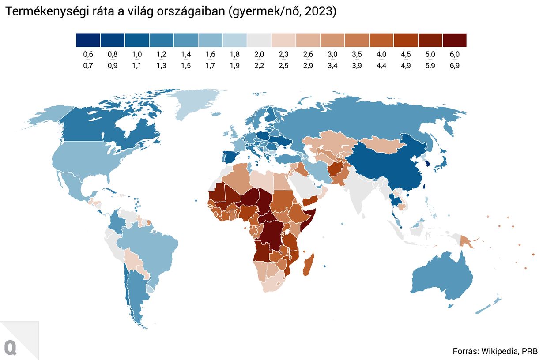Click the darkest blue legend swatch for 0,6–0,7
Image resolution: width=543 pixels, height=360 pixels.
(x=88, y=40)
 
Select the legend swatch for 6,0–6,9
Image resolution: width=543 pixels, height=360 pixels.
(x=454, y=40)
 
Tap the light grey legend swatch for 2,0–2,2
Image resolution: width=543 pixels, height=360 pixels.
(x=259, y=40)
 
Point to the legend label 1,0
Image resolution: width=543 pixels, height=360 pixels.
(x=137, y=54)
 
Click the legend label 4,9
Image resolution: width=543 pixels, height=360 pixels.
(x=406, y=66)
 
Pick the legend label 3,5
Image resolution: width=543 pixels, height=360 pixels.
(x=357, y=54)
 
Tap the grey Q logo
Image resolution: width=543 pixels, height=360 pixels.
(x=10, y=347)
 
